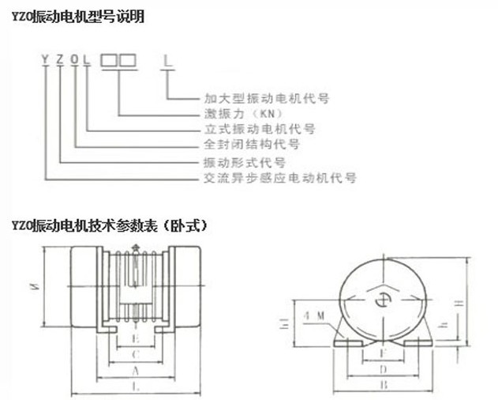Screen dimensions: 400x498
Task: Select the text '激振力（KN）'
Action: [x=237, y=114]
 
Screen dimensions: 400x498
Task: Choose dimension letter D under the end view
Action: [x=382, y=368]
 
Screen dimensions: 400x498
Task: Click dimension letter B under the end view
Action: [x=382, y=386]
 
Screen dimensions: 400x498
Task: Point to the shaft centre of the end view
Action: [x=383, y=297]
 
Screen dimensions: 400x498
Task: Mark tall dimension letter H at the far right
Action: [x=469, y=304]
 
